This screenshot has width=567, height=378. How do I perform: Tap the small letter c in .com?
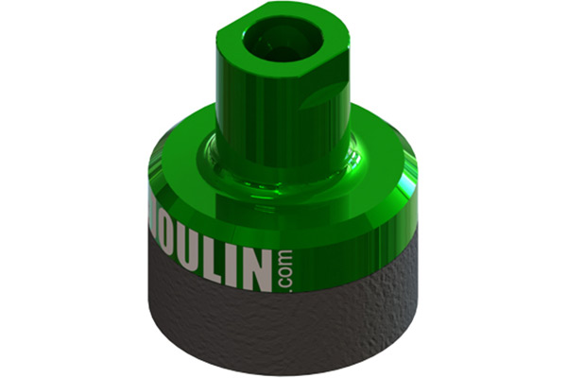[285, 283]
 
